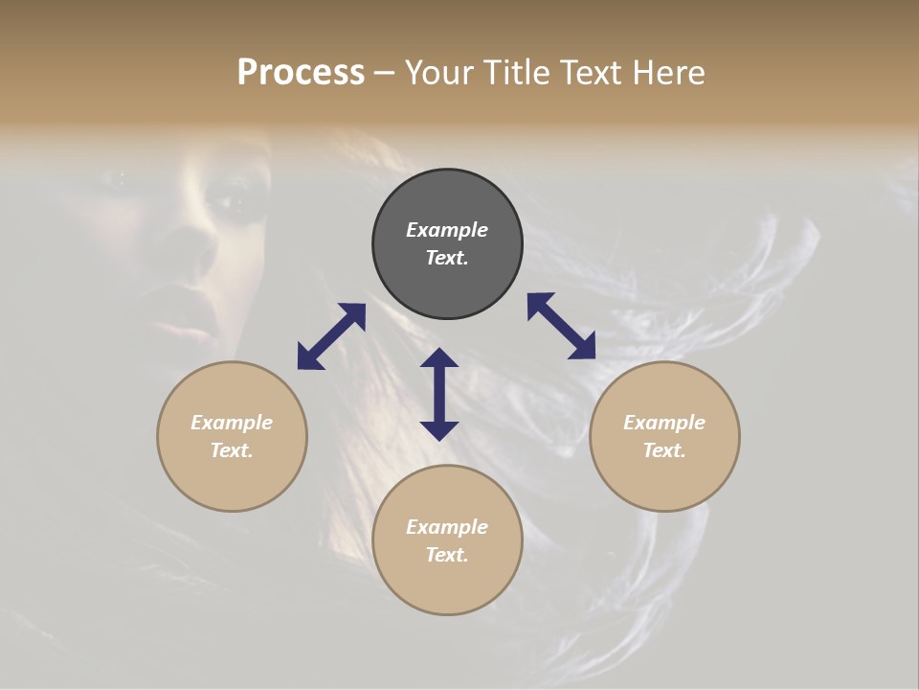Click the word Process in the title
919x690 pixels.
click(301, 73)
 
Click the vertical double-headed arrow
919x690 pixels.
click(439, 395)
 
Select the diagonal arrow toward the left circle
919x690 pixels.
click(331, 335)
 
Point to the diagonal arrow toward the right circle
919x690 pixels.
click(561, 326)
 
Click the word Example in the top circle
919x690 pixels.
click(447, 230)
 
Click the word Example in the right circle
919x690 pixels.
click(664, 423)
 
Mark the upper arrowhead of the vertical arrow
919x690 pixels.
click(439, 357)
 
